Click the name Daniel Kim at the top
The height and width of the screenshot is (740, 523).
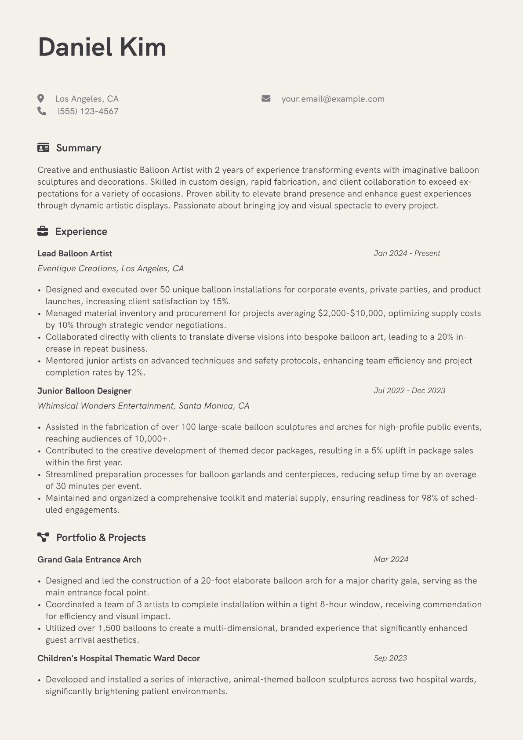(x=102, y=47)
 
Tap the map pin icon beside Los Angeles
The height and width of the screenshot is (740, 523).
(x=41, y=98)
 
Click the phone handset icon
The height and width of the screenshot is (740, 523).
(x=42, y=111)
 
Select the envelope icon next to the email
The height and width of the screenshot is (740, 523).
(x=266, y=98)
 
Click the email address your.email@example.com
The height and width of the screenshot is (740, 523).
(x=333, y=99)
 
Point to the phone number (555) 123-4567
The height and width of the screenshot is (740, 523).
(x=87, y=111)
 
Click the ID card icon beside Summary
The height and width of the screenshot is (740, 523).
(x=43, y=148)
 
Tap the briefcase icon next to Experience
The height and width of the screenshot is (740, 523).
(x=43, y=231)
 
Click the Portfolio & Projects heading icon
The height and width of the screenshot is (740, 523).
(x=43, y=537)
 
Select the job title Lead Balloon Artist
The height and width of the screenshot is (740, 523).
(x=75, y=253)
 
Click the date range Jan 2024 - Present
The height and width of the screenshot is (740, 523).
(x=407, y=253)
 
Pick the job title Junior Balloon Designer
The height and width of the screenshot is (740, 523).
(x=84, y=391)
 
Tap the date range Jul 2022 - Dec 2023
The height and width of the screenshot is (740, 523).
(x=409, y=390)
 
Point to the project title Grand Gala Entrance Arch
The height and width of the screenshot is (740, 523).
(x=89, y=560)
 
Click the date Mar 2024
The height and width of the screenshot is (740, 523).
(x=391, y=559)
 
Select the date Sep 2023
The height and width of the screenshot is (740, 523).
(x=390, y=658)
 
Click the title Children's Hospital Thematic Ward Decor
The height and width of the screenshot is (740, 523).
(x=119, y=659)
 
